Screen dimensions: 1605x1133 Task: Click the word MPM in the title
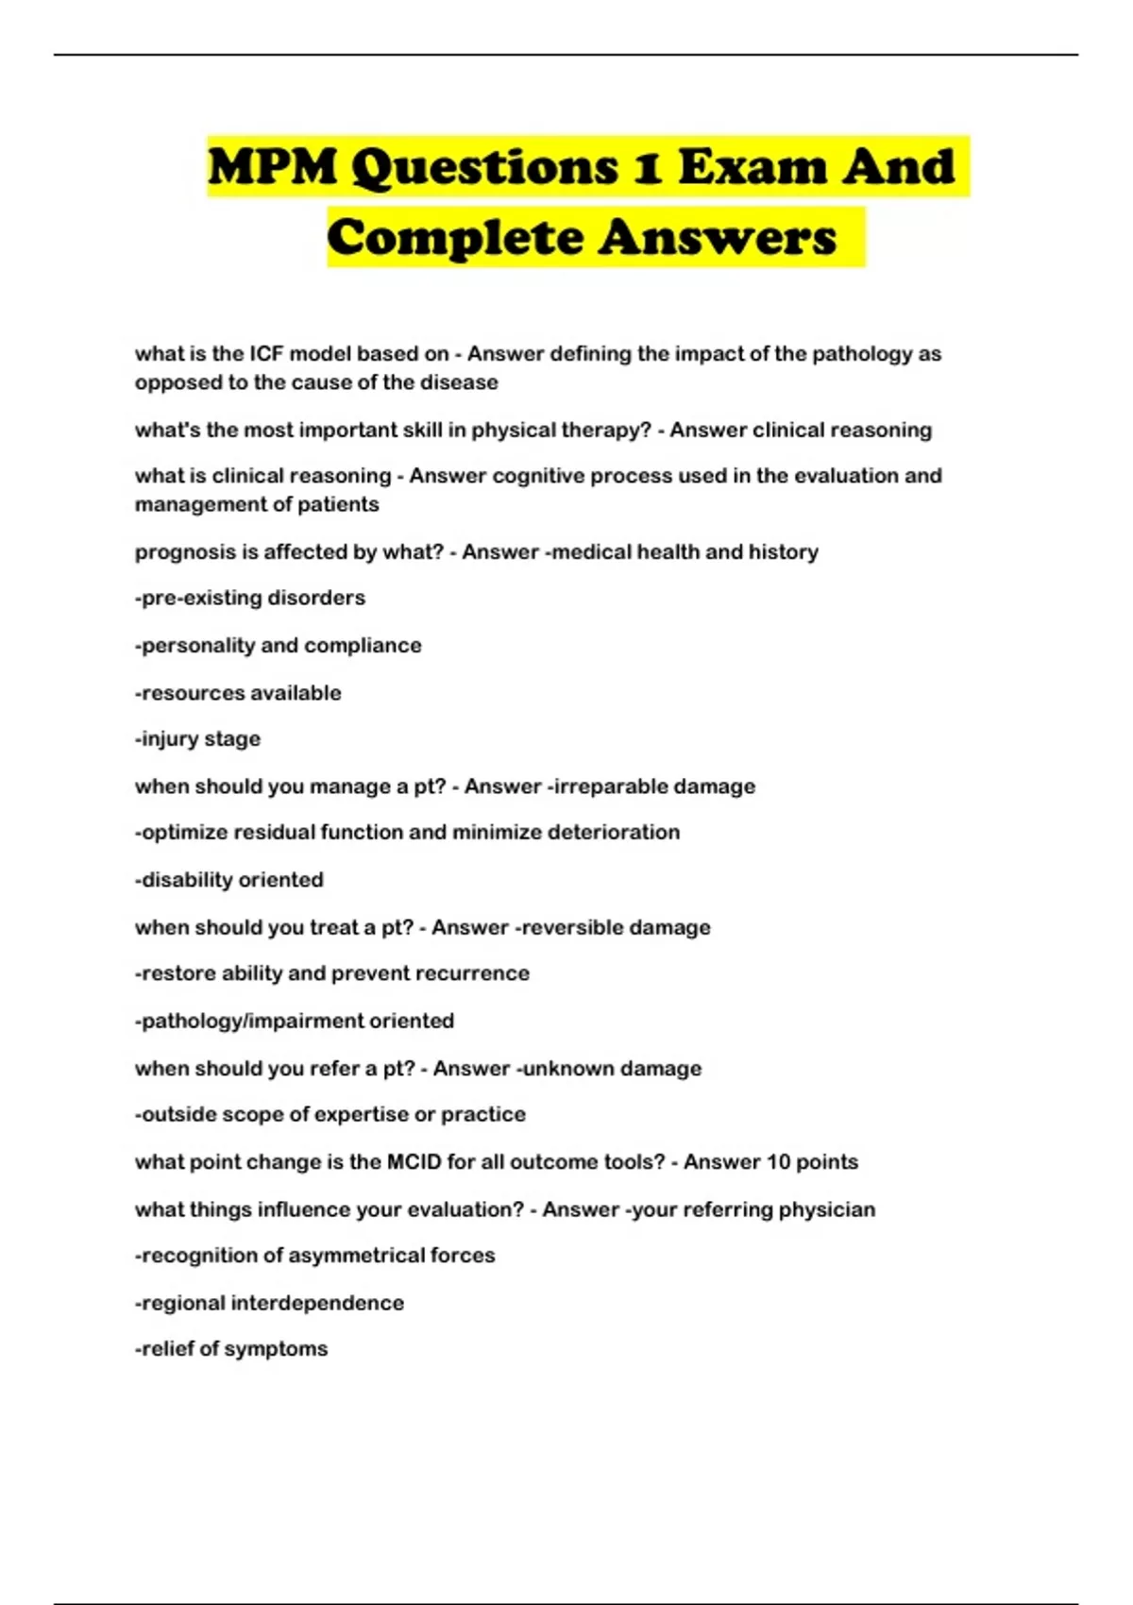272,167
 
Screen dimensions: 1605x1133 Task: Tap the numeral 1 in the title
647,167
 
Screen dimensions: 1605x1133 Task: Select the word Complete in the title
455,237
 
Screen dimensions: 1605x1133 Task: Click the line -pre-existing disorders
250,599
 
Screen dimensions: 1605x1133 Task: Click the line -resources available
238,693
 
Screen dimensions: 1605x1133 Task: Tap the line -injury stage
197,739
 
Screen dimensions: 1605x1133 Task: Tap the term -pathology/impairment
249,1022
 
